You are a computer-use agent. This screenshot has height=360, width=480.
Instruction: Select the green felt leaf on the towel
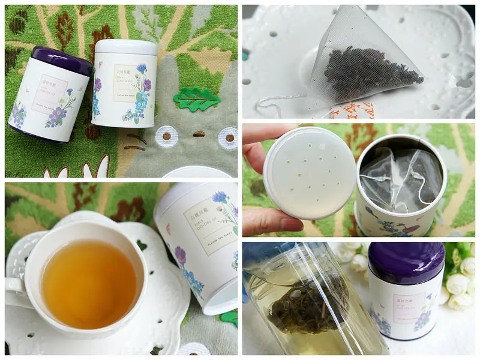(x=197, y=100)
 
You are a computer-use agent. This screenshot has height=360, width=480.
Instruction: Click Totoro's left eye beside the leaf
(x=166, y=136)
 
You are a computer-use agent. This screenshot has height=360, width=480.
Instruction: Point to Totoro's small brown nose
(x=197, y=134)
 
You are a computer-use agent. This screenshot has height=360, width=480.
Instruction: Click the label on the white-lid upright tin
(x=127, y=82)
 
